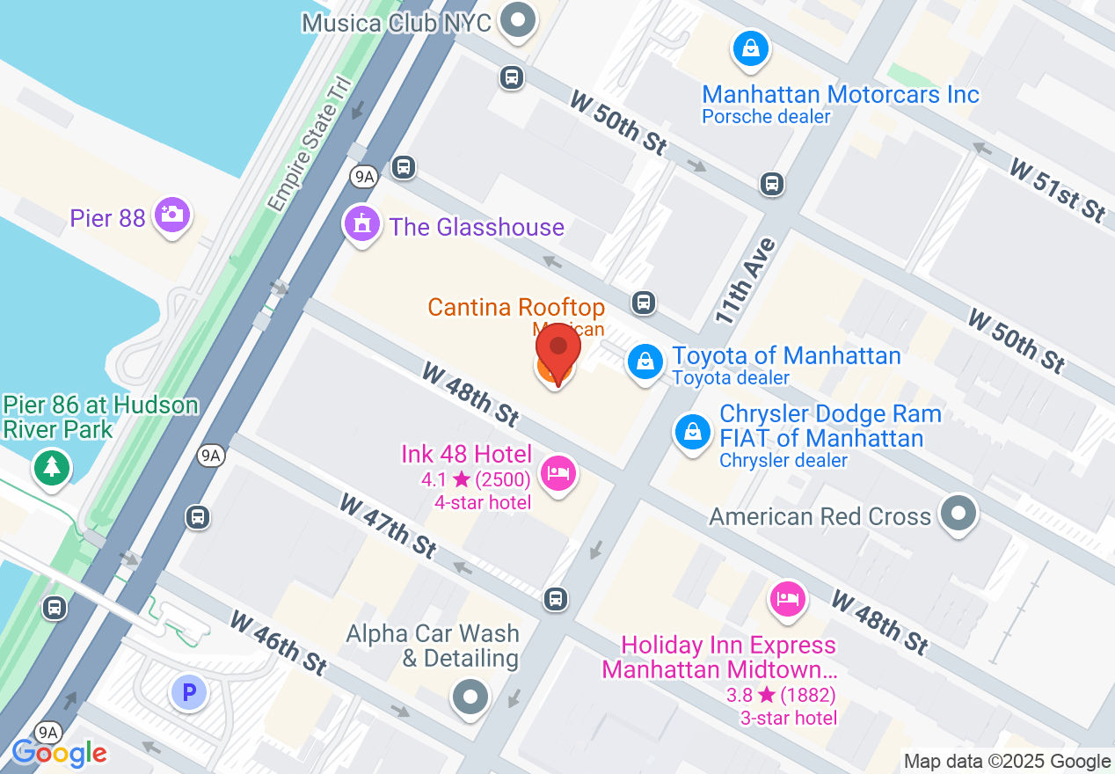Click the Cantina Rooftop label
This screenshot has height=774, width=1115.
pos(516,308)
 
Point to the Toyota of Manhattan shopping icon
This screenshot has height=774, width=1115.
pos(645,361)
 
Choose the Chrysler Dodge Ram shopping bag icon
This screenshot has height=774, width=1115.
pos(693,432)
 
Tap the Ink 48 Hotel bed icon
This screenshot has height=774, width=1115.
pos(557,475)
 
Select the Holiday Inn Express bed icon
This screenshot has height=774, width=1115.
pos(788,599)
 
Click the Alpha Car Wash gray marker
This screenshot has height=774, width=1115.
pos(470,697)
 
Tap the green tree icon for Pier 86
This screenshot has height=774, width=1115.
pos(52,465)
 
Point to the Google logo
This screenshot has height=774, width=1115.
pos(60,753)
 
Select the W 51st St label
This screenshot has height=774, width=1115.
pos(1057,189)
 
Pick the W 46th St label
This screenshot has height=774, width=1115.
pos(278,644)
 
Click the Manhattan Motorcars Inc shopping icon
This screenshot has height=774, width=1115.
pos(751,49)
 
